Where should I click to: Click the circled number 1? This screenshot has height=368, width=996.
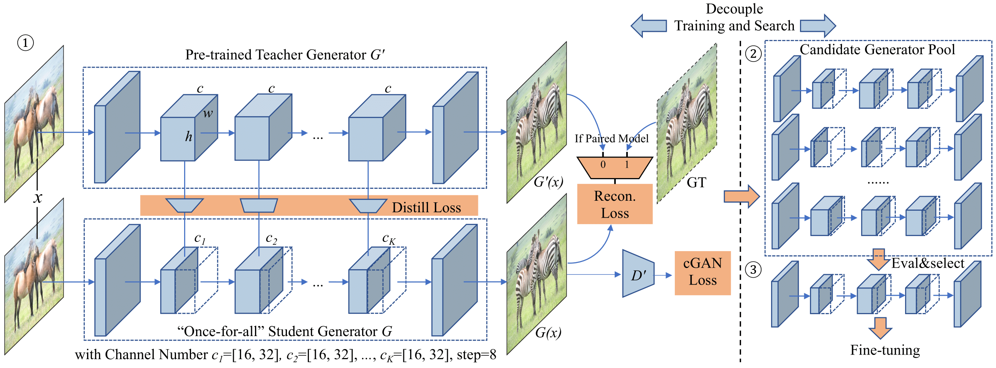tap(25, 42)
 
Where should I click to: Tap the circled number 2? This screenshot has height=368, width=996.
tap(753, 54)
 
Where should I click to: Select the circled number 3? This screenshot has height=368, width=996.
tap(753, 270)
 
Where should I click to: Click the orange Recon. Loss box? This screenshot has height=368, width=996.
tap(614, 204)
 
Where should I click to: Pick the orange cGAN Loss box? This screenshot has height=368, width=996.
tap(702, 272)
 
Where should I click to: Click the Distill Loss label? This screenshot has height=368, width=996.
tap(426, 208)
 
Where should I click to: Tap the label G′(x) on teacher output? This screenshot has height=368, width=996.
tap(548, 182)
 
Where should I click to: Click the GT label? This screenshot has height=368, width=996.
tap(696, 182)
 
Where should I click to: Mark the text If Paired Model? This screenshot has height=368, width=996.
tap(611, 138)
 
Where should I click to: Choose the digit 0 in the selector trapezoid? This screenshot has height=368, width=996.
tap(603, 165)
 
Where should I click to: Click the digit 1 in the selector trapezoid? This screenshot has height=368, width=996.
tap(627, 165)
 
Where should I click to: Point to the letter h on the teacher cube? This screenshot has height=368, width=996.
tap(188, 136)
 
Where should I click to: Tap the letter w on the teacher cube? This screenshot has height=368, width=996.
tap(208, 113)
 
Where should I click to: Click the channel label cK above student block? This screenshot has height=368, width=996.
tap(388, 239)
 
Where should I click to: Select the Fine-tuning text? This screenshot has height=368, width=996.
tap(885, 350)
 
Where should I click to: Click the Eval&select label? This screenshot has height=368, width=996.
tap(927, 263)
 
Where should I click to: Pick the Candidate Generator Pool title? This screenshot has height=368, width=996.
tap(877, 50)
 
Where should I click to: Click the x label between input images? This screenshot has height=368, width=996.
tap(37, 198)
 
